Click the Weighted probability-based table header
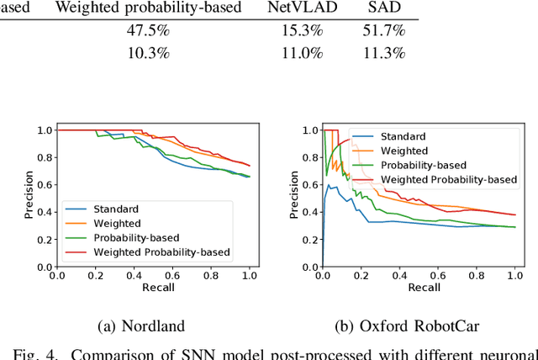pyautogui.click(x=148, y=8)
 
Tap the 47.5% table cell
pyautogui.click(x=148, y=31)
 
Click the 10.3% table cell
pyautogui.click(x=148, y=53)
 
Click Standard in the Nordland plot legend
pyautogui.click(x=117, y=209)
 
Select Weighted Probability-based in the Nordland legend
pyautogui.click(x=161, y=251)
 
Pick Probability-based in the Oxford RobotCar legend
pyautogui.click(x=424, y=165)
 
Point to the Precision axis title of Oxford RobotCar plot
pyautogui.click(x=293, y=198)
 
